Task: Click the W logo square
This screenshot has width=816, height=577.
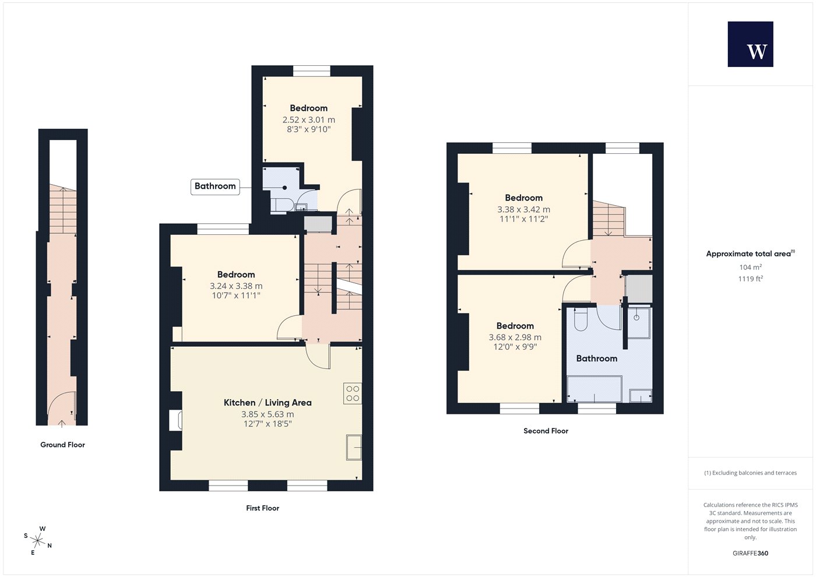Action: [751, 44]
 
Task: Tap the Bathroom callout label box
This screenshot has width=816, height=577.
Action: [215, 187]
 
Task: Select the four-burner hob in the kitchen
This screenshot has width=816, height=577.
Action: [353, 393]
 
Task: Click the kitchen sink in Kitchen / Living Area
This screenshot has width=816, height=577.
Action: [354, 448]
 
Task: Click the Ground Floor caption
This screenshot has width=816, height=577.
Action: [62, 445]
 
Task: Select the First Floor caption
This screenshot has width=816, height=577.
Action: [263, 508]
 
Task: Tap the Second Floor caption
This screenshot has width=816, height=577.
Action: [546, 431]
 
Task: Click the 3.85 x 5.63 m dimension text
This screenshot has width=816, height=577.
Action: [268, 414]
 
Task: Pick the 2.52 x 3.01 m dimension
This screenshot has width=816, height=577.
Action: [308, 120]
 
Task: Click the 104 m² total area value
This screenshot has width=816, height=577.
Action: [751, 267]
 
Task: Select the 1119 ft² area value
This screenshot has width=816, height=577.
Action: [751, 279]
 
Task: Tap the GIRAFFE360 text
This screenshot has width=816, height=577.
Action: [751, 553]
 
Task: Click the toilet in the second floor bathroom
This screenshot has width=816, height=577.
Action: [581, 319]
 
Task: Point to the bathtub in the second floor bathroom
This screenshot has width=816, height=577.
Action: [594, 389]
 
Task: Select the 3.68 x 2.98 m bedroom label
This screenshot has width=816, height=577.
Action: [515, 337]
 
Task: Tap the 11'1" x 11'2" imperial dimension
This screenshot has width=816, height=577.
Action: [523, 219]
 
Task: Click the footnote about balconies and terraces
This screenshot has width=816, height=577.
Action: [751, 473]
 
